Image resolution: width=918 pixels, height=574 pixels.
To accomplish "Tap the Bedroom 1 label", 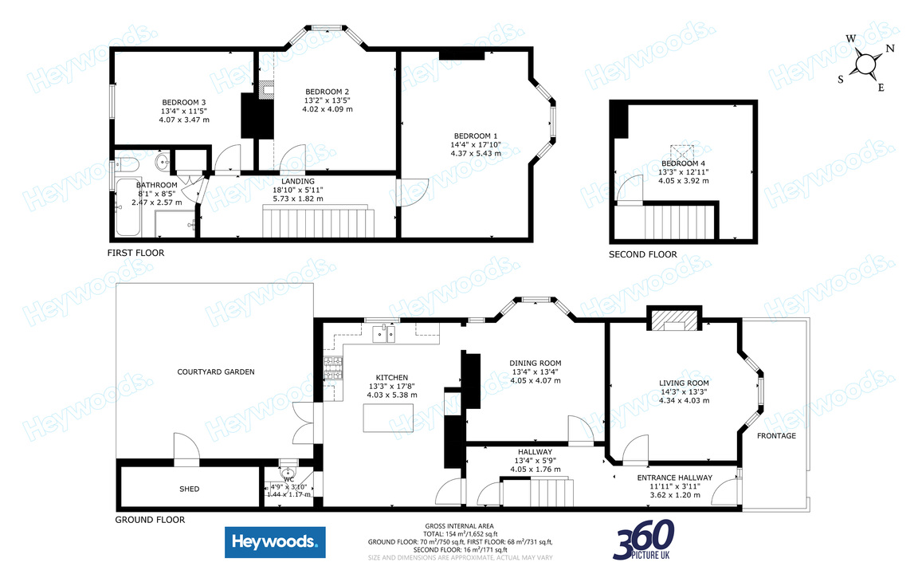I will click(x=476, y=135).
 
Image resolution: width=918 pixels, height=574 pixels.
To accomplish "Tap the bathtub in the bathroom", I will click(x=130, y=207).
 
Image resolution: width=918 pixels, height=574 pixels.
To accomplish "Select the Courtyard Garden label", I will click(x=215, y=372).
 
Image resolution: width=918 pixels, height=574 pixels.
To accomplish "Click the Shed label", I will click(x=189, y=489).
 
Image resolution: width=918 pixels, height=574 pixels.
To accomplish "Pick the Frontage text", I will click(x=776, y=435).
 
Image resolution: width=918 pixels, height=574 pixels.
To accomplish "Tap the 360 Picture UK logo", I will click(x=644, y=540).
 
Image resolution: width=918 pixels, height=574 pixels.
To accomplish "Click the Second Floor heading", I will click(x=642, y=255).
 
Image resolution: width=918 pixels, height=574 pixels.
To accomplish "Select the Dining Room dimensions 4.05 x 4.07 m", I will click(x=535, y=381).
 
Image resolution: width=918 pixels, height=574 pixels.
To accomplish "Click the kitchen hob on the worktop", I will click(x=332, y=368).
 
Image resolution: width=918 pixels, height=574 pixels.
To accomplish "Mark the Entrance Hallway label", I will click(x=674, y=478).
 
